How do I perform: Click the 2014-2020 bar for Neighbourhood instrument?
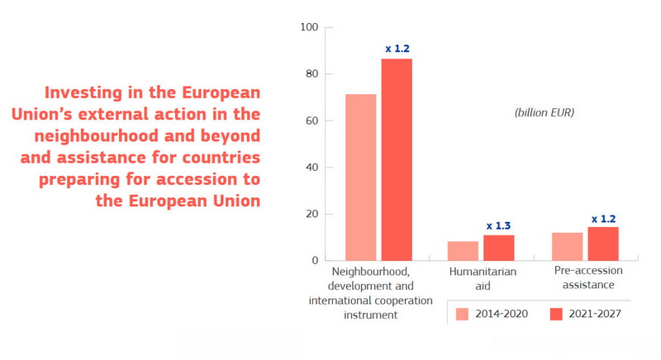[x=361, y=178]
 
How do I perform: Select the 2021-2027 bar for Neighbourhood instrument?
[x=397, y=159]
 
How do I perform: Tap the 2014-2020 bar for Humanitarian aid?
[x=463, y=251]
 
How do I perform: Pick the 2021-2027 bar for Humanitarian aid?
[x=498, y=248]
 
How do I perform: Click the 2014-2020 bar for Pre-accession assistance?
[x=567, y=247]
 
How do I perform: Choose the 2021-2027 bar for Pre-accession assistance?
[x=603, y=244]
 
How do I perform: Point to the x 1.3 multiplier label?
[x=498, y=225]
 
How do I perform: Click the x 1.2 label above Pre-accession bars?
[x=604, y=219]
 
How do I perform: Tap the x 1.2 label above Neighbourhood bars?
[x=397, y=49]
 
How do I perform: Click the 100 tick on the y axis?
[x=309, y=27]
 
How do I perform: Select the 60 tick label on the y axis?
[x=311, y=121]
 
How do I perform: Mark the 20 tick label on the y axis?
[x=311, y=214]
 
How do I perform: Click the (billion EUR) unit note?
[x=544, y=111]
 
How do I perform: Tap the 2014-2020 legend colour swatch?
[x=462, y=314]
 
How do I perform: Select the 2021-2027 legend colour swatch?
[x=555, y=314]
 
